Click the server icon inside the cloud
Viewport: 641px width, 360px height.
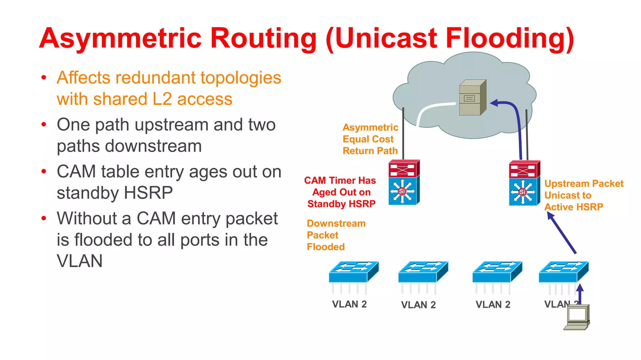click(x=472, y=97)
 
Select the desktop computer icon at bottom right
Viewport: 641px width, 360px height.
click(x=577, y=317)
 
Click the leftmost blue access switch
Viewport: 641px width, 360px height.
click(x=354, y=272)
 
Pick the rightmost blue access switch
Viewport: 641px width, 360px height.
click(x=563, y=272)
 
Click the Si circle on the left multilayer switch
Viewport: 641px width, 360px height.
click(x=402, y=191)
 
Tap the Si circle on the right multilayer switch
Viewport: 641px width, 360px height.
click(x=522, y=192)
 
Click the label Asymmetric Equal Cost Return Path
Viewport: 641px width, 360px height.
click(x=370, y=139)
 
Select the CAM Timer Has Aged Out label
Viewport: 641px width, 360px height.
click(x=341, y=192)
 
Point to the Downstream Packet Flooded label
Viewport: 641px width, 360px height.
click(x=336, y=235)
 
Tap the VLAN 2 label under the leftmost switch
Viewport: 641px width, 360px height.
click(x=349, y=304)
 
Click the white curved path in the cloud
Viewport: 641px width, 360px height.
click(x=429, y=109)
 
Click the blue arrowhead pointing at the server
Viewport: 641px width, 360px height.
click(x=495, y=103)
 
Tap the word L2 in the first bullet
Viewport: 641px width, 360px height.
click(x=162, y=99)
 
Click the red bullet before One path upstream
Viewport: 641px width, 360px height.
click(x=44, y=124)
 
